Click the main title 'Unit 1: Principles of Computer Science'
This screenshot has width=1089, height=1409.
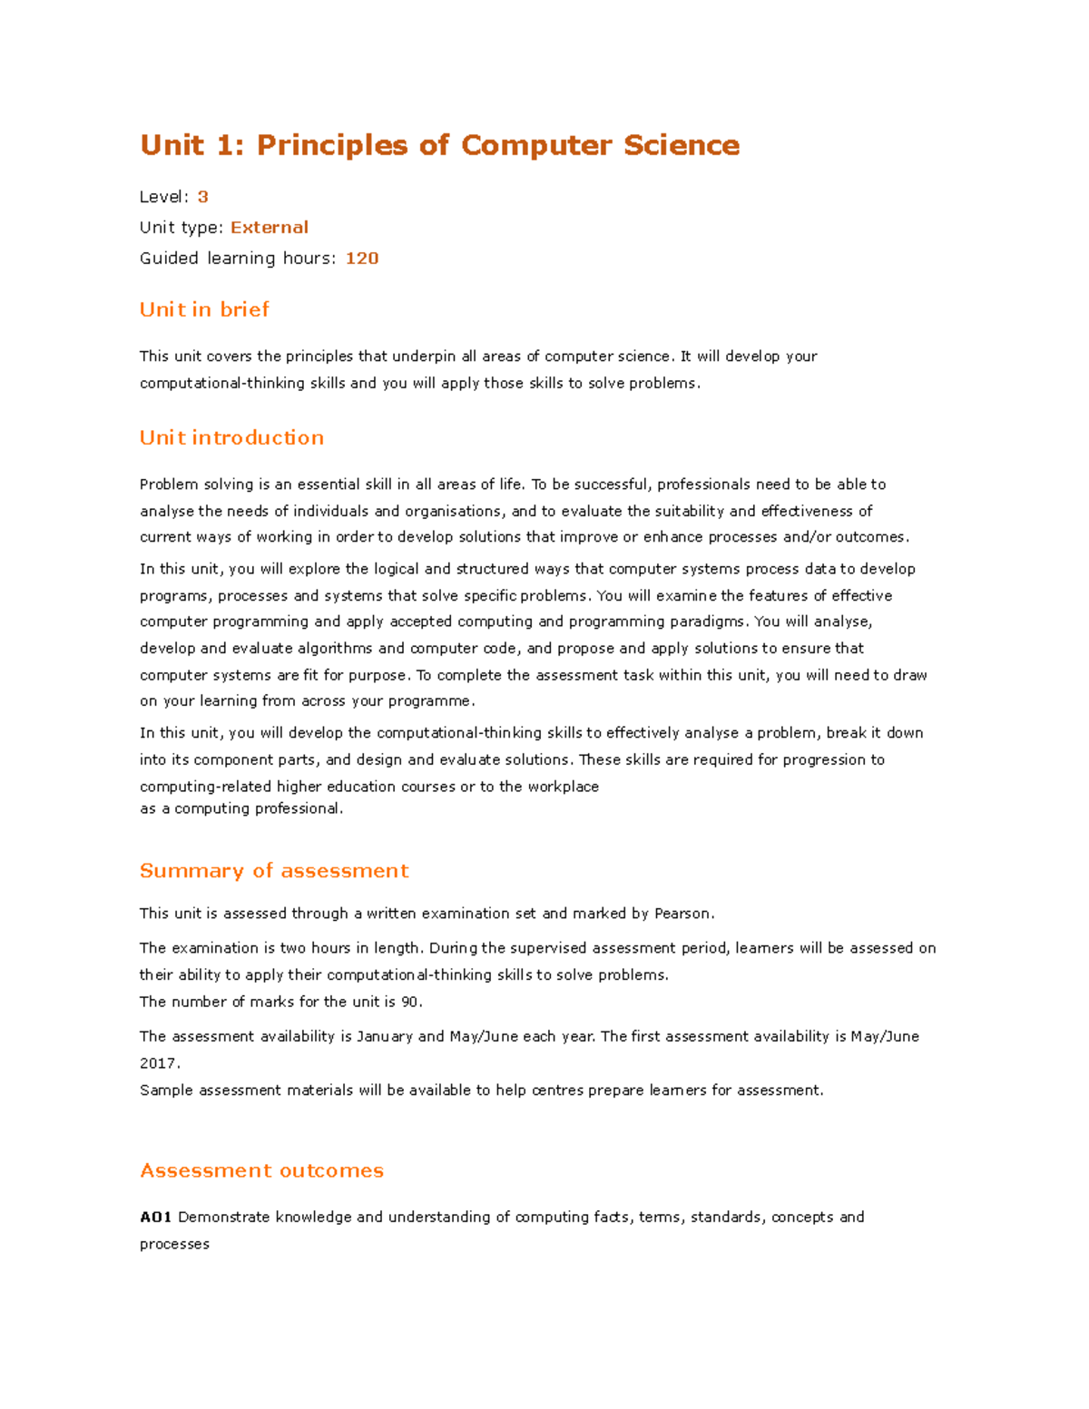tap(439, 145)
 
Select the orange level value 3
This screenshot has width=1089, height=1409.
tap(203, 197)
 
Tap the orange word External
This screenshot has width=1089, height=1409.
tap(270, 228)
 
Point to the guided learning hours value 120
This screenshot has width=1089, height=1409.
tap(362, 259)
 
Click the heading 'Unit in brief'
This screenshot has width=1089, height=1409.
tap(204, 309)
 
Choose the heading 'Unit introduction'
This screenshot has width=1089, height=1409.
tap(231, 437)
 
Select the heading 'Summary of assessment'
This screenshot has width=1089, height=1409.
tap(274, 871)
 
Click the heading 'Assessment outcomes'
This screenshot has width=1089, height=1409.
tap(261, 1170)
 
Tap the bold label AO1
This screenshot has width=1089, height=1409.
tap(156, 1218)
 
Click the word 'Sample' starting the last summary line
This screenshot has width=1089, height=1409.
tap(166, 1091)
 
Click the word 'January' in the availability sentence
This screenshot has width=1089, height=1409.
tap(384, 1036)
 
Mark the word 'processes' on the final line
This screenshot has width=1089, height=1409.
tap(174, 1245)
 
